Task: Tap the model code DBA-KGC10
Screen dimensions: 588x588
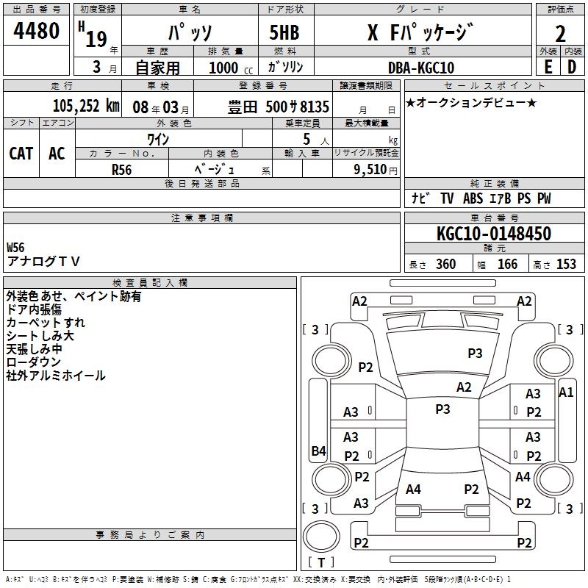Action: click(420, 68)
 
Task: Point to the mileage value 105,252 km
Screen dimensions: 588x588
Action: click(86, 105)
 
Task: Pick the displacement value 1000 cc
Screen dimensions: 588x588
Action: click(225, 68)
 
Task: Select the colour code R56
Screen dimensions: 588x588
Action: click(122, 169)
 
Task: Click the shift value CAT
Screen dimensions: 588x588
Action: click(21, 154)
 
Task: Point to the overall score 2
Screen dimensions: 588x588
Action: click(560, 33)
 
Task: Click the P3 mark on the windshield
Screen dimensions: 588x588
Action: click(475, 354)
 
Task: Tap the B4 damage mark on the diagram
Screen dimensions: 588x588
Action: click(318, 451)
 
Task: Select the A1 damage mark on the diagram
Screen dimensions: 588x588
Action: click(566, 392)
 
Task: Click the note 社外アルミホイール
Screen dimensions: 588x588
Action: click(56, 376)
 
